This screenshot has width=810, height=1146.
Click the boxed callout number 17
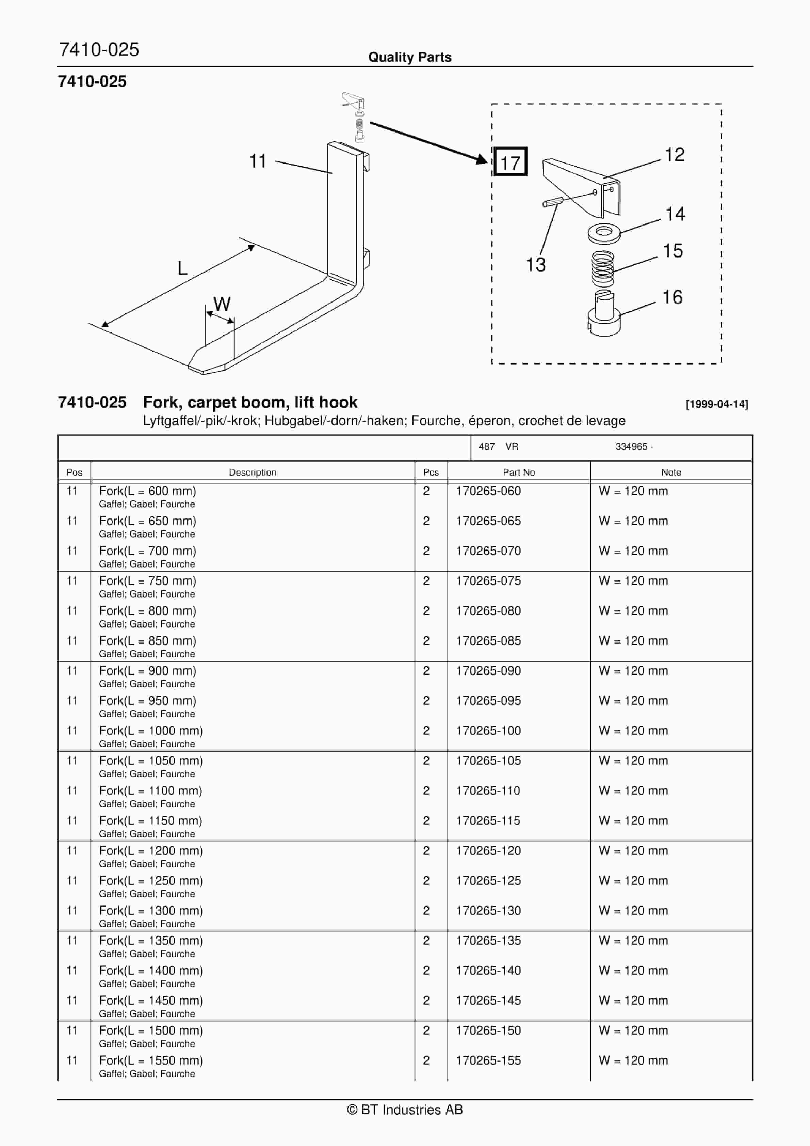[x=510, y=162]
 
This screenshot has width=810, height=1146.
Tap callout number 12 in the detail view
[x=674, y=155]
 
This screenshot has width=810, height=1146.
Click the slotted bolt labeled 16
[x=604, y=314]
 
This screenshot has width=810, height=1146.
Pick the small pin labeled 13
[x=553, y=202]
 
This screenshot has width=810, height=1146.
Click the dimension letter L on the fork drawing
[x=182, y=268]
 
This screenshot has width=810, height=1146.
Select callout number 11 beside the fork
[x=258, y=161]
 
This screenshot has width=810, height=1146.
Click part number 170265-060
[x=488, y=491]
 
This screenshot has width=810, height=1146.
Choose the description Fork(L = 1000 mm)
[x=151, y=731]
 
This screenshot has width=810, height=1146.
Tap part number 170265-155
[x=488, y=1060]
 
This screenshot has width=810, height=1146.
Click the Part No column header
[x=519, y=472]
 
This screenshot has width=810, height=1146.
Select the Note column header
[x=671, y=472]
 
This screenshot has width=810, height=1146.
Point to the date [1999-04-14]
[x=717, y=404]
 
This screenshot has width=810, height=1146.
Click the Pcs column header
[x=431, y=472]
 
